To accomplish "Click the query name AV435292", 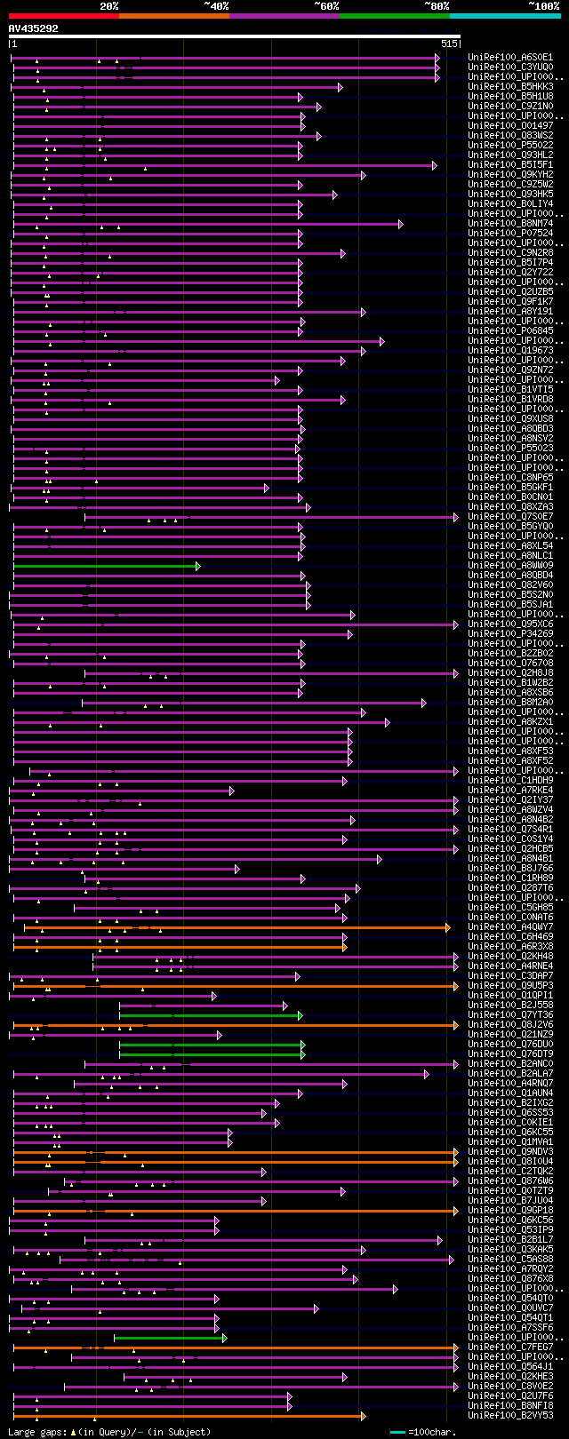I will (34, 28).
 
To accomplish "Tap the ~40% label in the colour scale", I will (216, 6).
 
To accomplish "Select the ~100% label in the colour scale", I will (543, 6).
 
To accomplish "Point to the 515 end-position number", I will (449, 44).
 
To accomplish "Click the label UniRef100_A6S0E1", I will (510, 58).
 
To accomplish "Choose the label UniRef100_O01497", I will (510, 126).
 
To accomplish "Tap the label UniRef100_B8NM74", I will (510, 224).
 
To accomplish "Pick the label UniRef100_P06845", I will (510, 331).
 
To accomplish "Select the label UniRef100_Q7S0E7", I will (510, 517).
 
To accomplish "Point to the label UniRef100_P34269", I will (510, 634).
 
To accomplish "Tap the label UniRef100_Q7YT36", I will (510, 1015).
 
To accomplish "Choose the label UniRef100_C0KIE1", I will (510, 1123).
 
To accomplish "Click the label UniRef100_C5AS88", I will (510, 1260).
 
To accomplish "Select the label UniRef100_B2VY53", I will (510, 1416).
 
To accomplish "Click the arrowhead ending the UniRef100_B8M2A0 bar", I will (423, 703).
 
